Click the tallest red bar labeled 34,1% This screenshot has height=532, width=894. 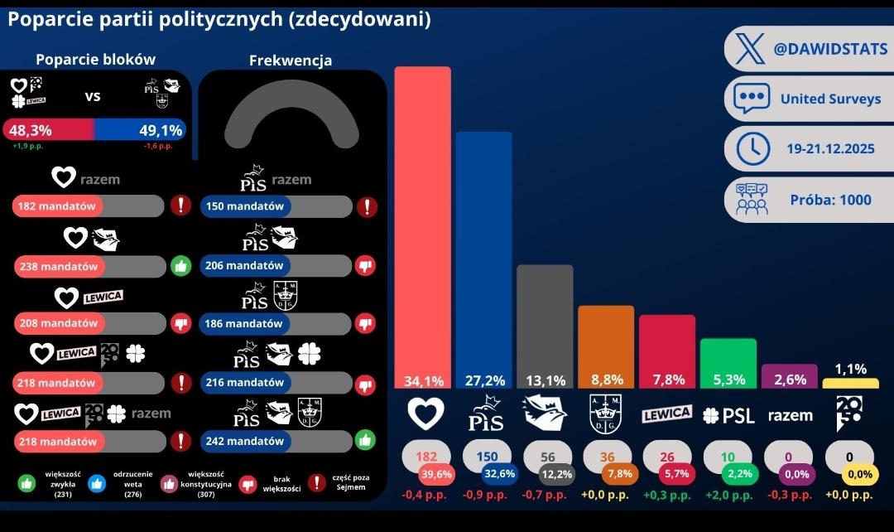[422, 224]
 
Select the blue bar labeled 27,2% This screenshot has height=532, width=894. [483, 257]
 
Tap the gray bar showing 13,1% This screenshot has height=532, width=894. [545, 323]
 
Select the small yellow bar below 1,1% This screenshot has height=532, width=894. [851, 383]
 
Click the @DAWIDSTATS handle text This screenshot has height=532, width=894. [830, 50]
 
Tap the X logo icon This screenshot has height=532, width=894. [751, 49]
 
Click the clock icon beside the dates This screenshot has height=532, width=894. [752, 149]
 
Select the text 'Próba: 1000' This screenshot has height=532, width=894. [830, 200]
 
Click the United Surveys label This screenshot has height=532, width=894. [830, 99]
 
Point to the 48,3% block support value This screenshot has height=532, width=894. [31, 130]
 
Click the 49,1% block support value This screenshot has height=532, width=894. [161, 130]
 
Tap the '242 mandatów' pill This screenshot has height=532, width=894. [244, 441]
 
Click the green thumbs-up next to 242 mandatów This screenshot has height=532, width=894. [365, 440]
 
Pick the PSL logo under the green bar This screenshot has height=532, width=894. [728, 415]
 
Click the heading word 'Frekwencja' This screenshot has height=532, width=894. [291, 60]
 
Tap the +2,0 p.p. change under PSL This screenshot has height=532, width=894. [728, 495]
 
